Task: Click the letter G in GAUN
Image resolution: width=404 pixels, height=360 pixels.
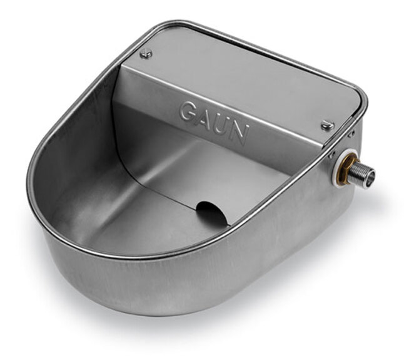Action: [188, 112]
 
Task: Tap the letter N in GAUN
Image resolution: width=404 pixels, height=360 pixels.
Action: [239, 135]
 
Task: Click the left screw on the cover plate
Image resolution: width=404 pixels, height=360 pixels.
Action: [146, 54]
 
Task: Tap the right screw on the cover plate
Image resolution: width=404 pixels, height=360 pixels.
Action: [328, 126]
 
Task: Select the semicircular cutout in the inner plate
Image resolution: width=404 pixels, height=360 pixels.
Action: [212, 212]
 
